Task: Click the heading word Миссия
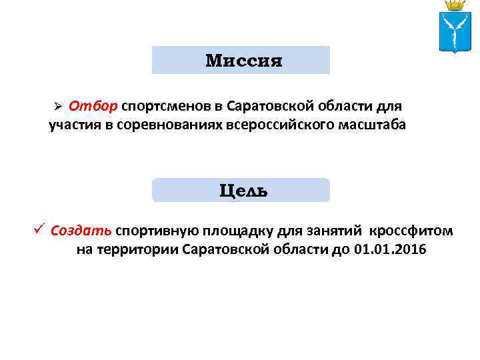coord(244,61)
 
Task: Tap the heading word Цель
coord(243,191)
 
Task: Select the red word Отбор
coord(93,106)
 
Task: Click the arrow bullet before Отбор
coord(58,107)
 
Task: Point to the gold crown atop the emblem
coord(455,5)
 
